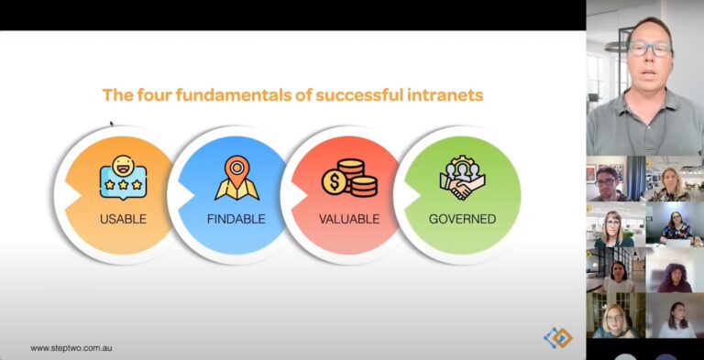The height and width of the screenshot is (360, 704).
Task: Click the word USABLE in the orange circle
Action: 123,219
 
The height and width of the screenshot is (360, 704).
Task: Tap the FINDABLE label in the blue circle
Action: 236,219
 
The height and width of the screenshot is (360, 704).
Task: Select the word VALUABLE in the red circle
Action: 349,219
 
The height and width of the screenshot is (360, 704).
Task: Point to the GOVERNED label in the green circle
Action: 462,219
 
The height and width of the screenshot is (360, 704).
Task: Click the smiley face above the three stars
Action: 122,166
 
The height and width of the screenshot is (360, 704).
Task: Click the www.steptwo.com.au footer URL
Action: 71,348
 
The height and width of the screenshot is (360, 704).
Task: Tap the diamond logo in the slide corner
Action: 558,338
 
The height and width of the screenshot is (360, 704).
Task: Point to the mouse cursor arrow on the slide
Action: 112,124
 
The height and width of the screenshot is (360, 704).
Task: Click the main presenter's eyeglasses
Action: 649,49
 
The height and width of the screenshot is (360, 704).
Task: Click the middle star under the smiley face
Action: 124,185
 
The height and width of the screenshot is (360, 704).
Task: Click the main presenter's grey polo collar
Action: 645,101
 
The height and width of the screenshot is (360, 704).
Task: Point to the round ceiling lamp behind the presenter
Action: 616,46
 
